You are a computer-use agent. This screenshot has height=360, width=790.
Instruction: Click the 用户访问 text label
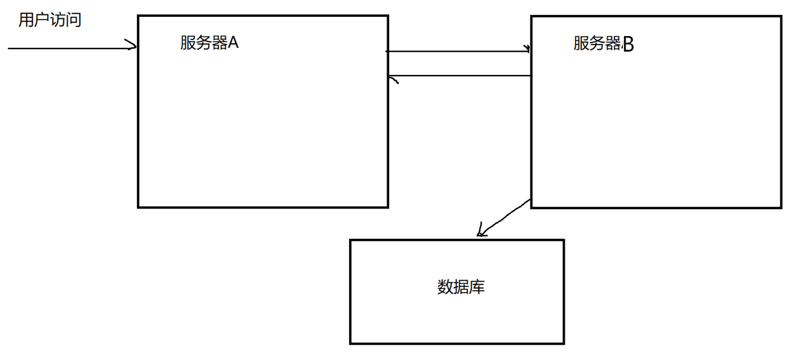(x=50, y=20)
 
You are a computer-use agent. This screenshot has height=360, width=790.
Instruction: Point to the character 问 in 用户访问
(x=74, y=20)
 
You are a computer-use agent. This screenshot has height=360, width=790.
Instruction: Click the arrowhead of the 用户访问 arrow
(x=132, y=46)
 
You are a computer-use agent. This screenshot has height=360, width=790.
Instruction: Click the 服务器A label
(x=209, y=43)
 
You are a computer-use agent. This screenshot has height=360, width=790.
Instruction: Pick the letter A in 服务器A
(x=234, y=43)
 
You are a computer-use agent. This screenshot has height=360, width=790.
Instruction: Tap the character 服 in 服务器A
(x=188, y=43)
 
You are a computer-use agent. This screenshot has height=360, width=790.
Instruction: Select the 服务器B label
(x=603, y=43)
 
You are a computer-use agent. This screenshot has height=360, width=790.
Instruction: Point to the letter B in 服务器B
(x=628, y=44)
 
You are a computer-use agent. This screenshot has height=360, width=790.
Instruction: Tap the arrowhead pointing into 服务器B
(x=527, y=49)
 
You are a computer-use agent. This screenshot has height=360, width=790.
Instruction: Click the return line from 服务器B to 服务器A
(x=461, y=76)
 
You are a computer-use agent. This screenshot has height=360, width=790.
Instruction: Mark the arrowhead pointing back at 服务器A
(x=393, y=79)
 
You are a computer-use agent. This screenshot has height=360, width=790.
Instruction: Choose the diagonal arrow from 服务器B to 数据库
(x=507, y=217)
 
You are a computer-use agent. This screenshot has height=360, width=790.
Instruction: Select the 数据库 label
(x=460, y=287)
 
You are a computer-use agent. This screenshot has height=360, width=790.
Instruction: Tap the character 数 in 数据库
(x=445, y=287)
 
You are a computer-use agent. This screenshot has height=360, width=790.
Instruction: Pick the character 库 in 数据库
(x=476, y=287)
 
